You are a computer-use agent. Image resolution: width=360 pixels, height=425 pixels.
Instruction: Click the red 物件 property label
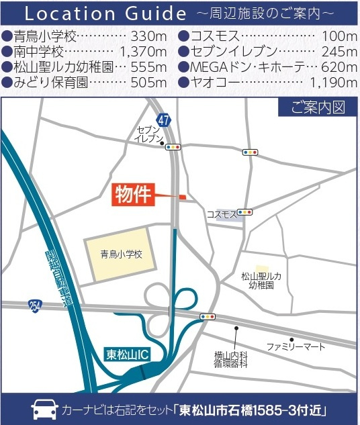[x=132, y=195]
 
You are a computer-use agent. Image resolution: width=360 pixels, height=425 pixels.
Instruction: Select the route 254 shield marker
[x=36, y=305]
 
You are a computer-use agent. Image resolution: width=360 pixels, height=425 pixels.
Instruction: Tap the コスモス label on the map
[x=222, y=214]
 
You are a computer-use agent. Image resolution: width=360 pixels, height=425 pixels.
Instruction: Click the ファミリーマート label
[x=296, y=347]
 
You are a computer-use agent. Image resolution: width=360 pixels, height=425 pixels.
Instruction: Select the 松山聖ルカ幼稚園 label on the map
[x=261, y=281]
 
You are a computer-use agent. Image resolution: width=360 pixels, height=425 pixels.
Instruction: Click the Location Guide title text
[x=105, y=13]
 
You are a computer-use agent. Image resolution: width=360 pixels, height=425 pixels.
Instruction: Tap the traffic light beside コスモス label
[x=244, y=212]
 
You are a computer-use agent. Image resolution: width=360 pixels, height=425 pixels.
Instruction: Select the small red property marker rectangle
[x=181, y=197]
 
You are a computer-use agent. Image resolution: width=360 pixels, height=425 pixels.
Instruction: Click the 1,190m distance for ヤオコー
[x=333, y=83]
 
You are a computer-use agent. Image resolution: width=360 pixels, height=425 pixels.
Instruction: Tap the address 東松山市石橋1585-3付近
[x=259, y=410]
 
